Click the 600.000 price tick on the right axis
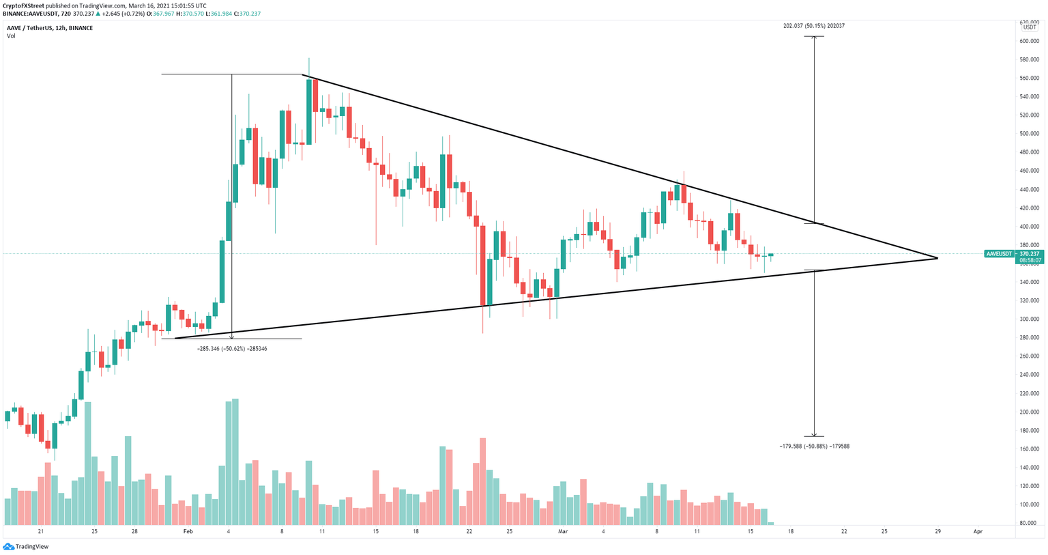(x=1030, y=41)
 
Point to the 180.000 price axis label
(x=1030, y=430)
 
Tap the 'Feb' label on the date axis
(x=188, y=531)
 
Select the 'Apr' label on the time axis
(x=978, y=531)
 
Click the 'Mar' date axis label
(x=563, y=531)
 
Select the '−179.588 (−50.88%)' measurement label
(x=814, y=446)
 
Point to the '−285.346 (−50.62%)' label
(x=232, y=349)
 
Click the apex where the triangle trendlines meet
(x=938, y=258)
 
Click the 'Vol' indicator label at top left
(x=11, y=36)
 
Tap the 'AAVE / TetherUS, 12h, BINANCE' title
(x=50, y=28)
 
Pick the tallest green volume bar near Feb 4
(x=235, y=461)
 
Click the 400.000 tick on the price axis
(x=1030, y=227)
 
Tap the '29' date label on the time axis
(x=938, y=531)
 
